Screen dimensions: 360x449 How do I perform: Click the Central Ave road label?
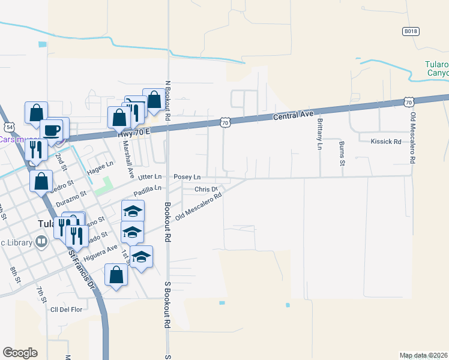click(x=294, y=114)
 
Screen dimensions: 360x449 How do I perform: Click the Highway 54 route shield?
click(x=8, y=127)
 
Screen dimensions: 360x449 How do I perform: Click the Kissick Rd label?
click(x=385, y=142)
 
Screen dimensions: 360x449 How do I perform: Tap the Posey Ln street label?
click(x=187, y=178)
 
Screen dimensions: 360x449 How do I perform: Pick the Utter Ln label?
click(x=150, y=177)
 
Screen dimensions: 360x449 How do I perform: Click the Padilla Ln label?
click(x=148, y=189)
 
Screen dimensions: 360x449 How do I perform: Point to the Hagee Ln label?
click(x=100, y=165)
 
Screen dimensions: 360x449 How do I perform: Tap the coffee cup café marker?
click(x=52, y=130)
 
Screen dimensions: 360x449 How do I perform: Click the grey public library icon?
click(x=41, y=242)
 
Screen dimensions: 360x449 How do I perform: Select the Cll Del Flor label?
click(x=65, y=309)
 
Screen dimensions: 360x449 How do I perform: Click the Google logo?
click(x=20, y=353)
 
